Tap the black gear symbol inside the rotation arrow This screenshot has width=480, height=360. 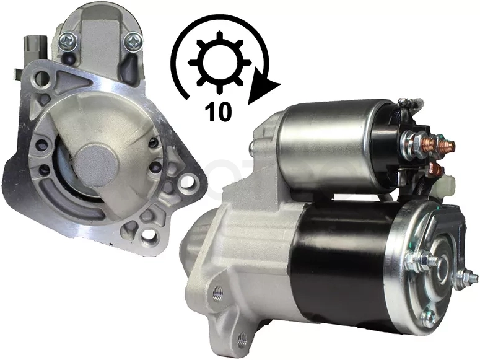tap(219, 62)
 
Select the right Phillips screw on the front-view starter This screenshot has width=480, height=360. tap(133, 42)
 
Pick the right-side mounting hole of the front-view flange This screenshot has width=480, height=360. tap(188, 182)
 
